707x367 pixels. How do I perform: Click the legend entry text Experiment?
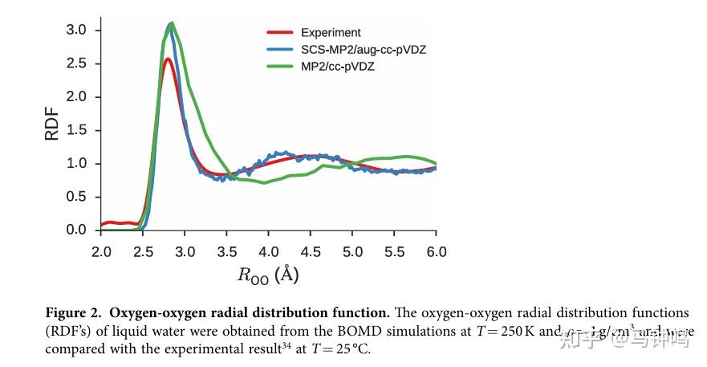tap(331, 33)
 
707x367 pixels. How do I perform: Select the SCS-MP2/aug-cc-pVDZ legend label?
tap(363, 50)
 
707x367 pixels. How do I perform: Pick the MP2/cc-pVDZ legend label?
tap(337, 67)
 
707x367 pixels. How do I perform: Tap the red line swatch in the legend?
tap(279, 33)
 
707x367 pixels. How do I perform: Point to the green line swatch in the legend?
tap(279, 67)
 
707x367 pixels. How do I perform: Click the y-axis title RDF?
tap(51, 125)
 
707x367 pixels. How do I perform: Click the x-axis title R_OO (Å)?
tap(268, 275)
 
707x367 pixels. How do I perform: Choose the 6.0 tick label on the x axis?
tap(436, 251)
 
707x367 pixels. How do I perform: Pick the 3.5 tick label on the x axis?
tap(226, 251)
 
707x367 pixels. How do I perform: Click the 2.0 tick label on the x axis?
tap(101, 251)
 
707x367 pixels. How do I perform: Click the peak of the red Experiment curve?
tap(167, 59)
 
